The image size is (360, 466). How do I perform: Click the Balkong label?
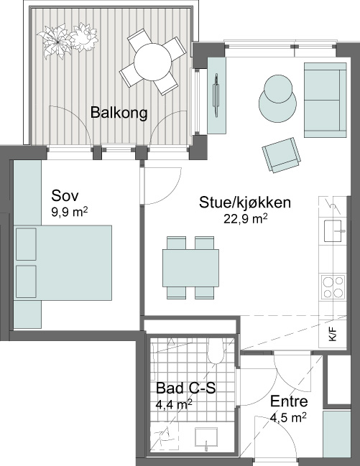tap(119, 113)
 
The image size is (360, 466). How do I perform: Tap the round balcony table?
tap(152, 62)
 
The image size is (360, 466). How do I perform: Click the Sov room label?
tap(65, 196)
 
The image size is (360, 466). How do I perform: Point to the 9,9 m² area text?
tap(70, 213)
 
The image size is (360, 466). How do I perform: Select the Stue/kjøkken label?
tap(245, 202)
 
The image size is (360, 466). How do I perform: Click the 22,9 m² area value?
tap(246, 219)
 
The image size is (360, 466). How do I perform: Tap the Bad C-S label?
tap(186, 388)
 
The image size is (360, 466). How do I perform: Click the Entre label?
tap(289, 401)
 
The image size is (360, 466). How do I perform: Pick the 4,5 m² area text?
tap(289, 418)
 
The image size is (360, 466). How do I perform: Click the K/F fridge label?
tap(333, 334)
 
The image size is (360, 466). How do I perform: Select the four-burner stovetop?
tap(333, 286)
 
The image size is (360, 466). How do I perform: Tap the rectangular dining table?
tap(190, 268)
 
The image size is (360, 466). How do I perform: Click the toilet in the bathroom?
tap(215, 350)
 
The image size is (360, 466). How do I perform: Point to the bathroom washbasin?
tap(206, 437)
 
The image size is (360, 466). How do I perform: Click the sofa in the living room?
tap(326, 100)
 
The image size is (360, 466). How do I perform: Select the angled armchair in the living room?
tap(281, 155)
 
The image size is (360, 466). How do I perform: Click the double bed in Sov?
tap(63, 263)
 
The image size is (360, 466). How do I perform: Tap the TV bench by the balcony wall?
tap(216, 95)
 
